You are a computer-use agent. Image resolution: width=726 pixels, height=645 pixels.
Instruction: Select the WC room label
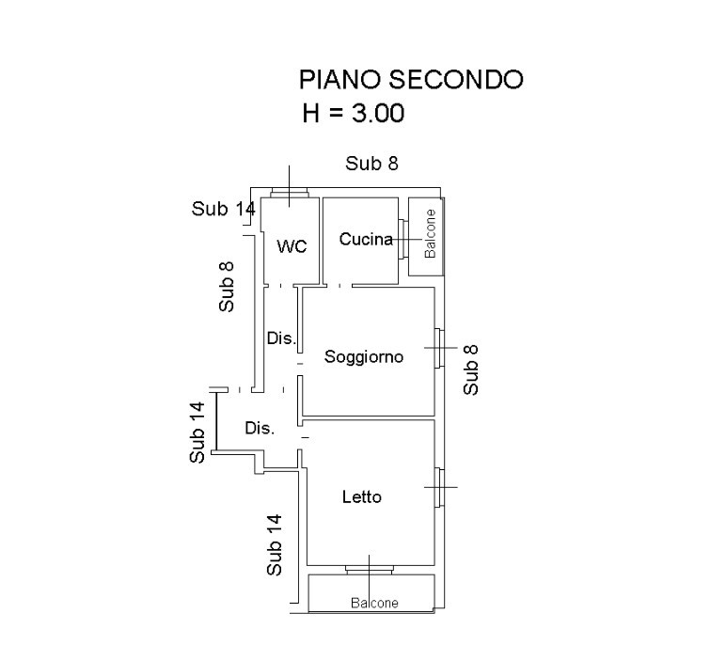click(x=292, y=246)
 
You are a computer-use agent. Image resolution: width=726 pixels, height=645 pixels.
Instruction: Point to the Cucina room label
click(x=366, y=239)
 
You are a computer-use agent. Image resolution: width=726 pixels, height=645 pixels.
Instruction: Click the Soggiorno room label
click(x=364, y=356)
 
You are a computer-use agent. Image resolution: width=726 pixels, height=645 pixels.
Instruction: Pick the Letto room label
click(x=362, y=496)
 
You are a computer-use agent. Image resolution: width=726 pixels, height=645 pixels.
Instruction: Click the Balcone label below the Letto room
click(x=374, y=603)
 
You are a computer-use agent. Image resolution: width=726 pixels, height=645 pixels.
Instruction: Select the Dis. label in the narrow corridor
click(x=281, y=338)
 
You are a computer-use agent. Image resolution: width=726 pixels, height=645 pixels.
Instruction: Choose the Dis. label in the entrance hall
click(x=260, y=429)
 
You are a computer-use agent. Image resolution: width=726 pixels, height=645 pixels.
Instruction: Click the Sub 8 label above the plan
click(x=371, y=164)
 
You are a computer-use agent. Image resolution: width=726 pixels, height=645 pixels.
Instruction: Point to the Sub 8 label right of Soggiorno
click(x=471, y=370)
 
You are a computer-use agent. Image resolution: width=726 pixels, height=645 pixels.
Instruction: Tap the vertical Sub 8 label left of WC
click(x=227, y=287)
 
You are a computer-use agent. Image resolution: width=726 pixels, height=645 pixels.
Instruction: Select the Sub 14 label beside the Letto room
click(x=274, y=544)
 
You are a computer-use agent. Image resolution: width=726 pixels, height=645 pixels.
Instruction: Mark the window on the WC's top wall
click(x=289, y=195)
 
